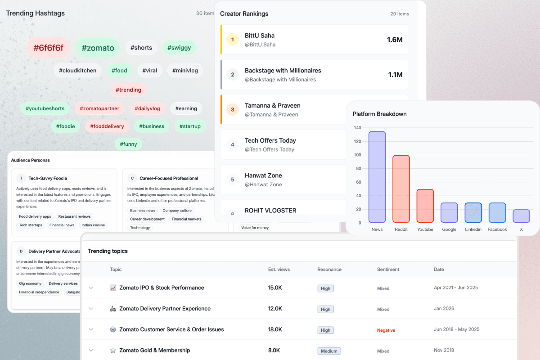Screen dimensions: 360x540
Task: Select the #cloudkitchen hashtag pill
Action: tap(77, 71)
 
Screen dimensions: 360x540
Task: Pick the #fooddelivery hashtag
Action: tap(107, 126)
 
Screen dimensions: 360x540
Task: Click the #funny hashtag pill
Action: tap(128, 144)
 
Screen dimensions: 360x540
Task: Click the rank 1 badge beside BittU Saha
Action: tap(232, 40)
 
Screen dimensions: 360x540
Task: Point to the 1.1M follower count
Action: tap(395, 75)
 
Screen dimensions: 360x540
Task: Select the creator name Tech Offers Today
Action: tap(270, 140)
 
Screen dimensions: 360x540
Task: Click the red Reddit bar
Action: tap(401, 189)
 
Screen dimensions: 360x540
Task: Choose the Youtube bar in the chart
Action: tap(425, 206)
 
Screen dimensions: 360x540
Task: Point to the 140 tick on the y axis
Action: tap(357, 128)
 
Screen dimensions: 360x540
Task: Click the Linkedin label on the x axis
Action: tap(473, 229)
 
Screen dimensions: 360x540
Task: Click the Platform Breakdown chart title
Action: tap(379, 114)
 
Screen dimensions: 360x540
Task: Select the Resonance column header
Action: tap(329, 270)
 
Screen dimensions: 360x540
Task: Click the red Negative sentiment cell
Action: tap(386, 330)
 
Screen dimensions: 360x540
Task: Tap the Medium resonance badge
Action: tap(329, 351)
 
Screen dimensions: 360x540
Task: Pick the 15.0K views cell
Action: tap(275, 288)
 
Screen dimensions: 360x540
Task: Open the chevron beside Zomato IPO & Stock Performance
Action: tap(91, 288)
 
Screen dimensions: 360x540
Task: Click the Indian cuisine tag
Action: tap(94, 225)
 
